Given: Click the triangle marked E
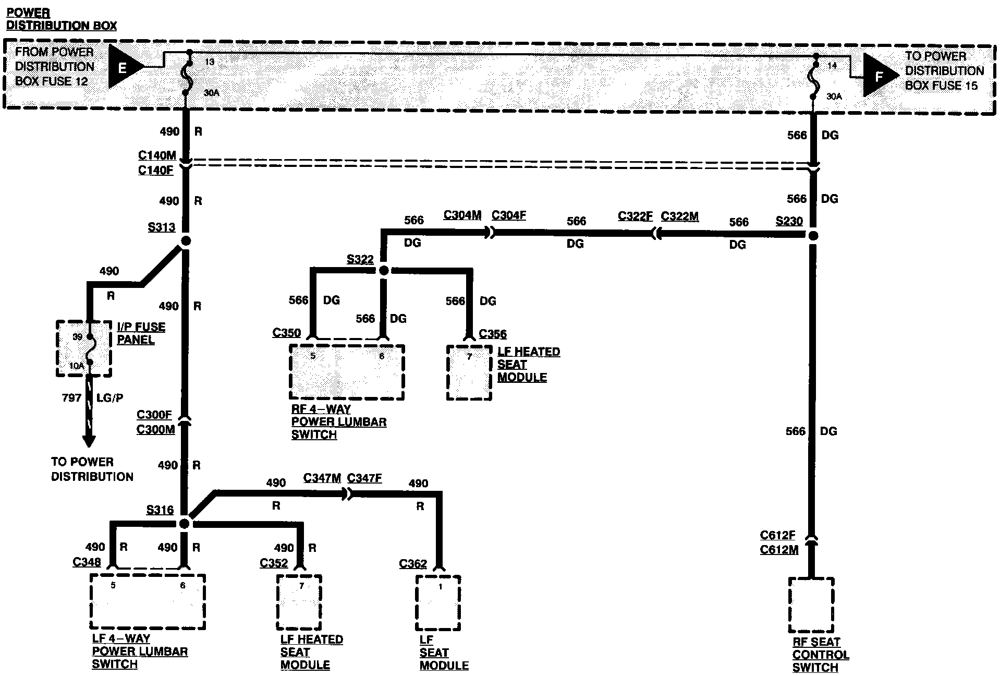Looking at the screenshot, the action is pyautogui.click(x=124, y=66).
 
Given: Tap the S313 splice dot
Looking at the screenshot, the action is pyautogui.click(x=185, y=241).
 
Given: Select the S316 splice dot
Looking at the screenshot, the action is pyautogui.click(x=184, y=523).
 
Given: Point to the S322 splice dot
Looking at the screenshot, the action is pyautogui.click(x=383, y=270).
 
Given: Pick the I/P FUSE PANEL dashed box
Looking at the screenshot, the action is pyautogui.click(x=83, y=348).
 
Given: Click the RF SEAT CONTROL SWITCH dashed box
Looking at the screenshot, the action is pyautogui.click(x=811, y=605).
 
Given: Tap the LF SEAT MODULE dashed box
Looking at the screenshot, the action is pyautogui.click(x=438, y=602).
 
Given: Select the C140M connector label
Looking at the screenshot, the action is pyautogui.click(x=157, y=155).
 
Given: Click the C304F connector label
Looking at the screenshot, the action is pyautogui.click(x=508, y=215).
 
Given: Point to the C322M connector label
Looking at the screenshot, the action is pyautogui.click(x=679, y=216).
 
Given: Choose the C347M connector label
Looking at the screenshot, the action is pyautogui.click(x=322, y=478).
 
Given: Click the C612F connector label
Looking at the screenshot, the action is pyautogui.click(x=777, y=535).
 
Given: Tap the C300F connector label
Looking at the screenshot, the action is pyautogui.click(x=154, y=415).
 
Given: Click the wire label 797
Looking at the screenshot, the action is pyautogui.click(x=71, y=398).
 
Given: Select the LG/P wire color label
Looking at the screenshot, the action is pyautogui.click(x=110, y=398).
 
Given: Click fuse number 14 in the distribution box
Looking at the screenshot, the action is pyautogui.click(x=832, y=65).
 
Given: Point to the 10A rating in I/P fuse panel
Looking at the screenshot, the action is pyautogui.click(x=76, y=366).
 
